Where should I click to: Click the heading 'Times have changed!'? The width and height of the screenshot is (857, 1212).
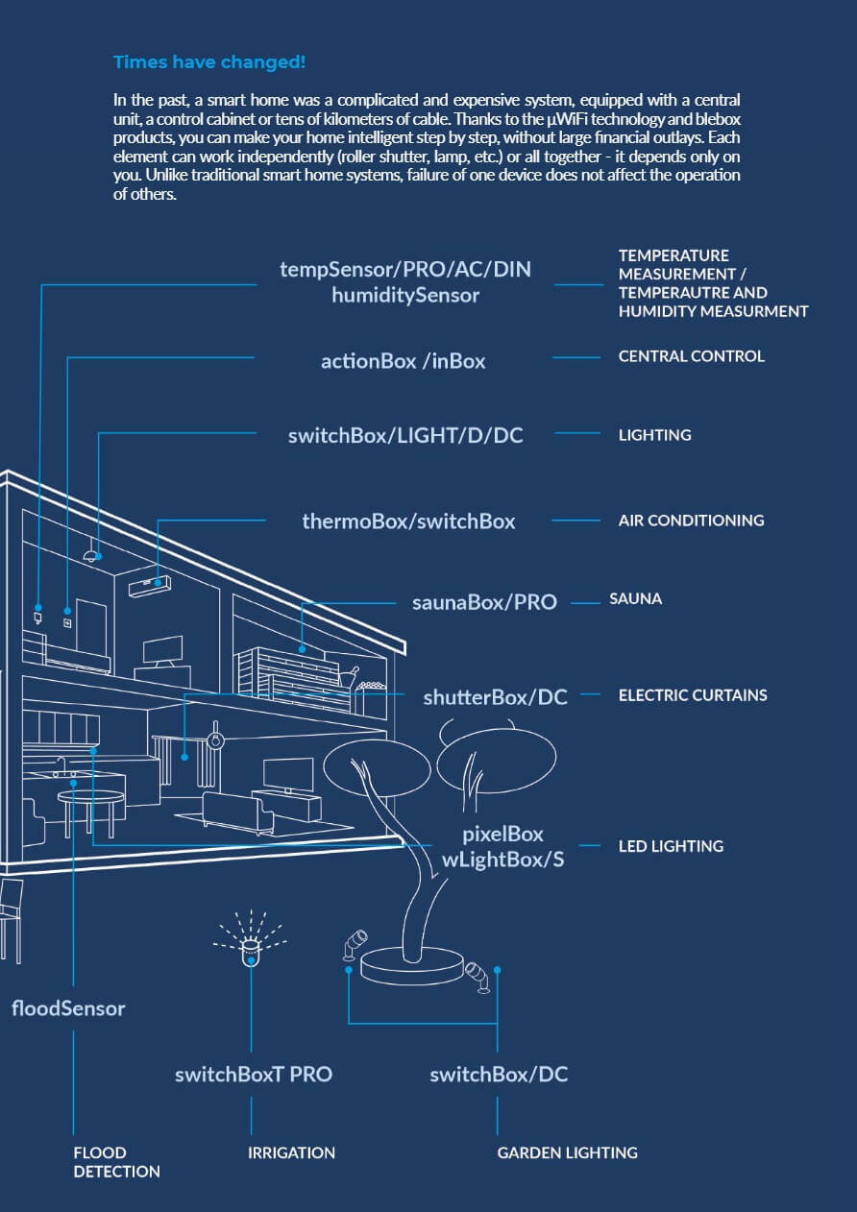pyautogui.click(x=209, y=62)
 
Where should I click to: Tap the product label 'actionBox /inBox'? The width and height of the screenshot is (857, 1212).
pyautogui.click(x=403, y=361)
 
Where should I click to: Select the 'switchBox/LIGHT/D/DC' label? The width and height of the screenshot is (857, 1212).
pyautogui.click(x=404, y=435)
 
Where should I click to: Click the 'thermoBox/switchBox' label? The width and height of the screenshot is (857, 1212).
pyautogui.click(x=408, y=521)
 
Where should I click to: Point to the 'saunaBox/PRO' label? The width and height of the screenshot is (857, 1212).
pyautogui.click(x=484, y=602)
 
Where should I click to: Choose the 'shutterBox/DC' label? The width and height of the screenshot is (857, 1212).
pyautogui.click(x=495, y=696)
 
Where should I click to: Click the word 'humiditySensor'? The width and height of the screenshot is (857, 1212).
pyautogui.click(x=404, y=295)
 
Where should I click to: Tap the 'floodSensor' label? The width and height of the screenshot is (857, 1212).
pyautogui.click(x=68, y=1008)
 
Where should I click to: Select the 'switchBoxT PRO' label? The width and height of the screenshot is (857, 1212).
pyautogui.click(x=253, y=1074)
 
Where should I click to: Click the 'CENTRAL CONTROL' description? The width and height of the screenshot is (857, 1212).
pyautogui.click(x=691, y=356)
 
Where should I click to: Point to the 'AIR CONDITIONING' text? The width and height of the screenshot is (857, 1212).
pyautogui.click(x=691, y=521)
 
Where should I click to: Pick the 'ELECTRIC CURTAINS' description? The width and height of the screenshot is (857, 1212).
pyautogui.click(x=692, y=694)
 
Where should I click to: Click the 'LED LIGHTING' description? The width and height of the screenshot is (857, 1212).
pyautogui.click(x=671, y=846)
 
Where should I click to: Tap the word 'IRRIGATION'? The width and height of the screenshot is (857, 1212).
pyautogui.click(x=291, y=1152)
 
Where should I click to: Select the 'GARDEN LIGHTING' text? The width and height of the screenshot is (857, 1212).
pyautogui.click(x=567, y=1152)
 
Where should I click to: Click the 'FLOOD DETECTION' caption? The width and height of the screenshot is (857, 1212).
pyautogui.click(x=116, y=1162)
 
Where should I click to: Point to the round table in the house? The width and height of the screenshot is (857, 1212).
pyautogui.click(x=91, y=800)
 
